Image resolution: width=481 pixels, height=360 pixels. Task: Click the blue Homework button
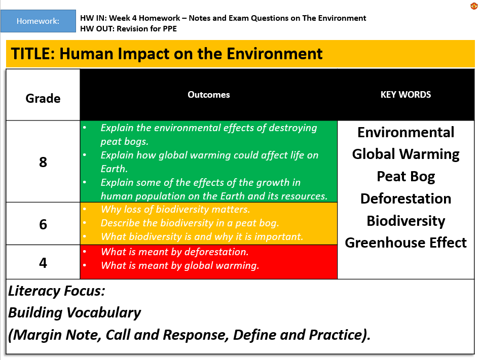38,21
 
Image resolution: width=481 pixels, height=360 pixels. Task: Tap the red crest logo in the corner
474,6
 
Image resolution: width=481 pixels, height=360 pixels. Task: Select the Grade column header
43,98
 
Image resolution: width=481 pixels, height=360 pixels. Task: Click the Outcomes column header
209,95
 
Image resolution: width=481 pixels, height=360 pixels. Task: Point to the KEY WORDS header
405,95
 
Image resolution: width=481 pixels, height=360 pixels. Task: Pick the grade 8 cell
43,162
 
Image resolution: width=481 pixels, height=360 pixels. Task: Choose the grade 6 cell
43,224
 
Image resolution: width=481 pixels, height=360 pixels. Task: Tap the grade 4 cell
43,263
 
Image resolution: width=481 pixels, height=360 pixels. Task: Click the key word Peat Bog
405,177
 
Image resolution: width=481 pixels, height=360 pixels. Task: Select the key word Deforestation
405,198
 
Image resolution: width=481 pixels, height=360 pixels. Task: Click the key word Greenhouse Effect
405,243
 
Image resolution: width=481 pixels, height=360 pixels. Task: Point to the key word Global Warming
405,154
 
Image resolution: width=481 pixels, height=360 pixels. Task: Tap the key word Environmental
405,132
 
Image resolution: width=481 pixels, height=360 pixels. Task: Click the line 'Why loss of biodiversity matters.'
175,209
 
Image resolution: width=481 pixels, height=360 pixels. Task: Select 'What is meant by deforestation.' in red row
174,252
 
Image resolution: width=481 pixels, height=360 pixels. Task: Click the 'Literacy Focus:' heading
56,291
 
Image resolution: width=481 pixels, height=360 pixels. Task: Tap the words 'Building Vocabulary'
74,313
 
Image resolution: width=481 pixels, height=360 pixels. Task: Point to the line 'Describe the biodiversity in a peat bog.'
190,223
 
